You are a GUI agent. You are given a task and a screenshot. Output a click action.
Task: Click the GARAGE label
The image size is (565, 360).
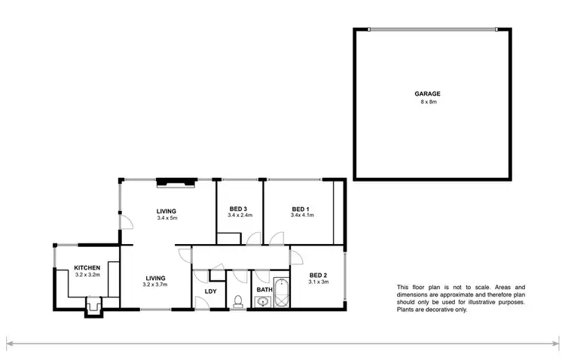point(427,94)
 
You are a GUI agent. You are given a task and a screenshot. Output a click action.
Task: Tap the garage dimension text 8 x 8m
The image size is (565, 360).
point(427,102)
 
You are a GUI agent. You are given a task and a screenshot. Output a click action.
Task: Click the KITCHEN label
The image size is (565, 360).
point(87,267)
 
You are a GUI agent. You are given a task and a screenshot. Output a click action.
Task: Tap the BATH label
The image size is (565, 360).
point(264,289)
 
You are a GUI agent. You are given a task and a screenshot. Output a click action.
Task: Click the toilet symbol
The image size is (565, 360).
point(237,302)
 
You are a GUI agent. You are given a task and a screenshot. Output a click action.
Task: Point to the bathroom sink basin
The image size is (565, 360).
point(262,303)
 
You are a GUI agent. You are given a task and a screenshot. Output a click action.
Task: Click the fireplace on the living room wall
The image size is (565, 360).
point(176,181)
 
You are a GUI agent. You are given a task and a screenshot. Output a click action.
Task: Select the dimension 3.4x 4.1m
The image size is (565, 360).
point(301,215)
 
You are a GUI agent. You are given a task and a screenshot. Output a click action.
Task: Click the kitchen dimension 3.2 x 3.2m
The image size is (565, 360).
point(87,274)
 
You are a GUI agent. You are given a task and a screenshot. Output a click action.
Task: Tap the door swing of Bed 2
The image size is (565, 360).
point(297,256)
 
